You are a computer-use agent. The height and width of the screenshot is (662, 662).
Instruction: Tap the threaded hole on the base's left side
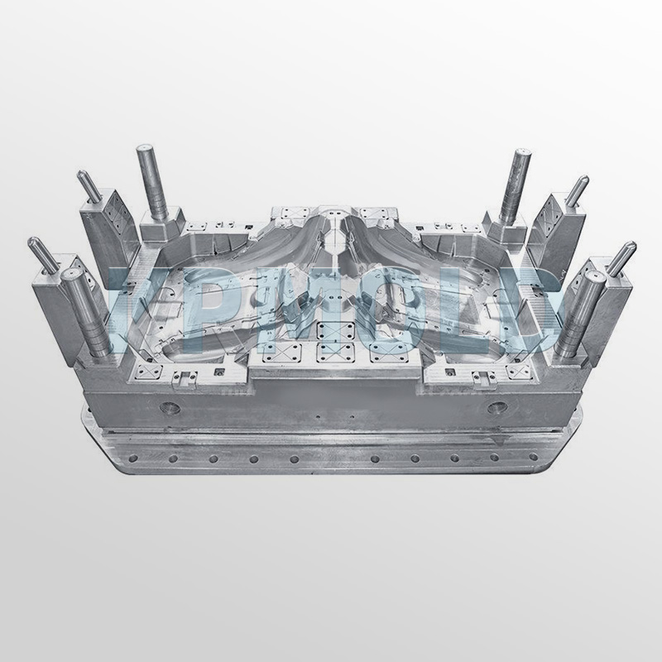coord(170,408)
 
